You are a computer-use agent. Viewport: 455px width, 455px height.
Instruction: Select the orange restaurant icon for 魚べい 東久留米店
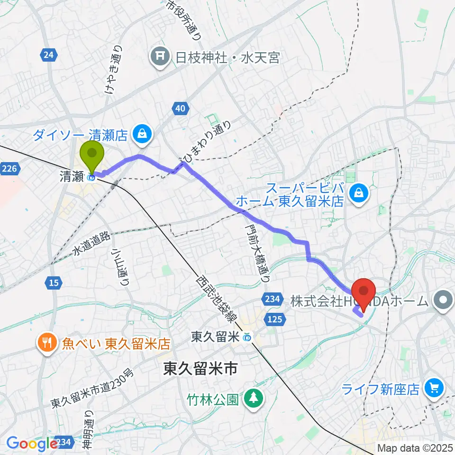pos(46,342)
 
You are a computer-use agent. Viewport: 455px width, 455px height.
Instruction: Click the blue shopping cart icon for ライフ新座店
pos(433,389)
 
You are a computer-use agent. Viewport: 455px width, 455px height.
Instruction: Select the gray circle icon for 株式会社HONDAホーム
pos(444,300)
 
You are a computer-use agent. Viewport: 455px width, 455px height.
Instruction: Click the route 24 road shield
pos(47,55)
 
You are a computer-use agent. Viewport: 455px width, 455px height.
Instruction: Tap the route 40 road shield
pos(179,109)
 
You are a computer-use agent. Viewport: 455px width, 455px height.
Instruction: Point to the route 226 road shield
pos(9,168)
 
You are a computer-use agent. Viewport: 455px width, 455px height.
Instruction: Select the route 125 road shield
pos(277,320)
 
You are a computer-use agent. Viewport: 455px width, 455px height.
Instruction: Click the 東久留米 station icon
pos(246,337)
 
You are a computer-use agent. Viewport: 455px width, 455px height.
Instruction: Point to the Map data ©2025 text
pos(415,447)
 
